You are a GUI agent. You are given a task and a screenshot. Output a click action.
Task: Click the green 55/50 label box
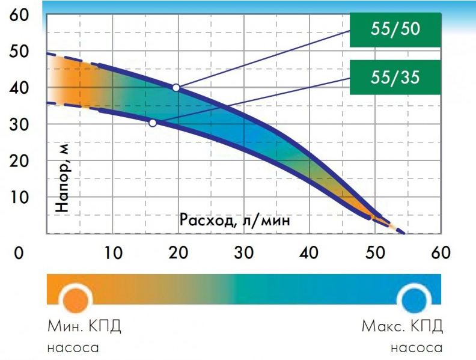395,29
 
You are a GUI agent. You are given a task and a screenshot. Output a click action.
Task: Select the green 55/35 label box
395,77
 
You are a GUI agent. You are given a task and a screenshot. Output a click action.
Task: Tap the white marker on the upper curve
176,88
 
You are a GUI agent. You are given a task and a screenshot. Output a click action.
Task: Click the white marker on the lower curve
153,123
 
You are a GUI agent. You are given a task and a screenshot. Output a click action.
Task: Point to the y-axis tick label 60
19,14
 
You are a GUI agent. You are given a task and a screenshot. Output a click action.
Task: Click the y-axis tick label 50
19,52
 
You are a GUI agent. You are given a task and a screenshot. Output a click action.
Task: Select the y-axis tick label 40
19,88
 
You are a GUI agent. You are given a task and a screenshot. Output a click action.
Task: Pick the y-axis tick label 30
19,124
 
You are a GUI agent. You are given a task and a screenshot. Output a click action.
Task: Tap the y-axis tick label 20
19,161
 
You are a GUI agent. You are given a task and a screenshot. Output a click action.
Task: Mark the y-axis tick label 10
19,197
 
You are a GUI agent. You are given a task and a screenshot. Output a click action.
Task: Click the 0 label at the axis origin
19,252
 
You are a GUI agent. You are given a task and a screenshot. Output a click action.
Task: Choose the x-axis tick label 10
113,252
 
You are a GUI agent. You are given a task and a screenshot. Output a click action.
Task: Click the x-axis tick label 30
244,252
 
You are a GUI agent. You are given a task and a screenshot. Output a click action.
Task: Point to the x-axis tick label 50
375,252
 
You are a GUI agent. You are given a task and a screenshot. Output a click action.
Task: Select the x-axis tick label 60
441,252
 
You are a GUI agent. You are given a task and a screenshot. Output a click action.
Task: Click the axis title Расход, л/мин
234,220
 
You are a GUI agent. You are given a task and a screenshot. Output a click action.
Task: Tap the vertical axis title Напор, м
63,177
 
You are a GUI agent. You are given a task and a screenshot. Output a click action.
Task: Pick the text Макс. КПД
402,326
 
